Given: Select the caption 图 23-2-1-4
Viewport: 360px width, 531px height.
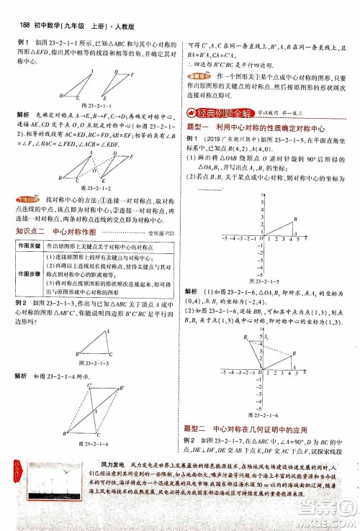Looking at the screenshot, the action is point(101,443).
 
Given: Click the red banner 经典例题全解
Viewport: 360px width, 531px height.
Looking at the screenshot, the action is point(217,112).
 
